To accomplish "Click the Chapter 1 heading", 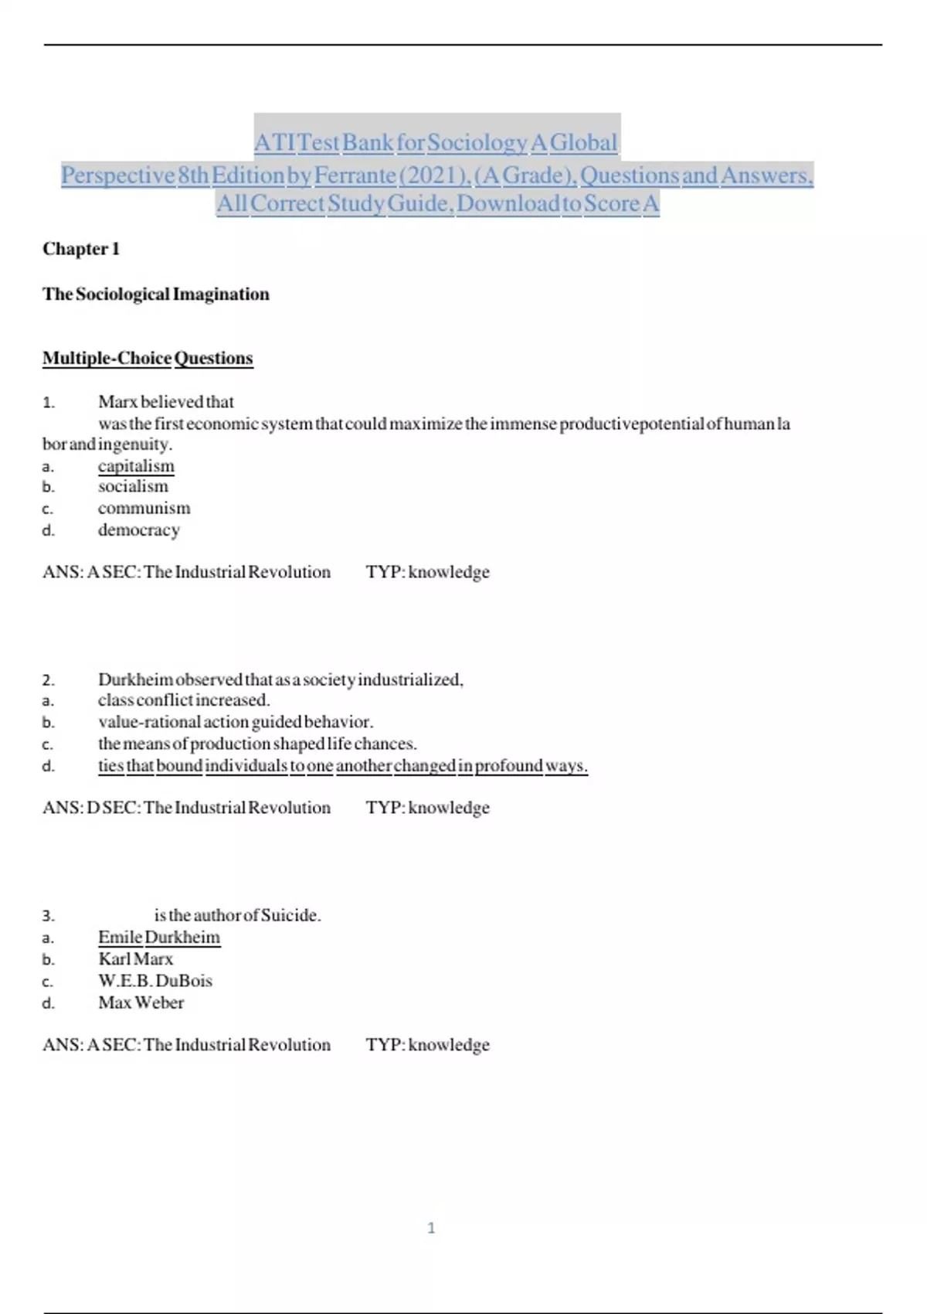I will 81,249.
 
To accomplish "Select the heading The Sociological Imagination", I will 156,294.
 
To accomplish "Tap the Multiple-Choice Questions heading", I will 148,358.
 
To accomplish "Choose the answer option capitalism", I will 136,466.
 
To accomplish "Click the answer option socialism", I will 133,486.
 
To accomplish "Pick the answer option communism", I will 144,508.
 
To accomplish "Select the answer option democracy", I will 139,529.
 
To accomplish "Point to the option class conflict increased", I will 184,700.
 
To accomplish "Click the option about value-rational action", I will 236,722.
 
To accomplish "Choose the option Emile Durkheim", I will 159,938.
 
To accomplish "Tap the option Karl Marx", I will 136,959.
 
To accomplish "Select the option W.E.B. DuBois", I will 155,981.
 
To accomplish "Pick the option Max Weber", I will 141,1003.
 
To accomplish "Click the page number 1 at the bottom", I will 431,1227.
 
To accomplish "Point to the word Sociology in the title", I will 477,143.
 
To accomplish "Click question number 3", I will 48,916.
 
